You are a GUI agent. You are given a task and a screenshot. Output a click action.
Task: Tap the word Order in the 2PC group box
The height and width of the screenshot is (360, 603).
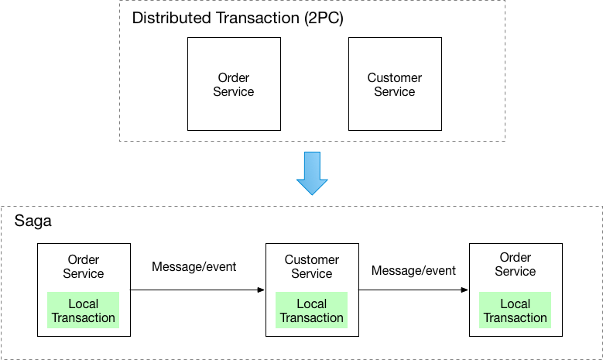[x=233, y=77]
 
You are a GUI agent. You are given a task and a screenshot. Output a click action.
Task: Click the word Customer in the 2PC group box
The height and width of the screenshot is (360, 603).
[x=394, y=77]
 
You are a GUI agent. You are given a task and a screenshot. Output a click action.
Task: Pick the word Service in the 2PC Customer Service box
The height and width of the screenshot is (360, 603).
[x=394, y=91]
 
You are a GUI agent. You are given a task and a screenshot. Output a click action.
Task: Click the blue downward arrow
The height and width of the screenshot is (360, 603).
[x=312, y=173]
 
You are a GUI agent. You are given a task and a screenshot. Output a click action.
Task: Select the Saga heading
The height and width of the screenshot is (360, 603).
[x=33, y=221]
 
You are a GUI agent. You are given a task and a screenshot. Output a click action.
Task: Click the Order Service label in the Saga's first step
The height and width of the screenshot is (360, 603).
[x=84, y=266]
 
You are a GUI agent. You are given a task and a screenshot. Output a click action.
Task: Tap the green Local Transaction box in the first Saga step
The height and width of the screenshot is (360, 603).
[x=84, y=310]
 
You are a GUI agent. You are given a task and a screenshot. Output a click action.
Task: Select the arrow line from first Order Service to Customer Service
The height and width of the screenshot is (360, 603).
[x=194, y=290]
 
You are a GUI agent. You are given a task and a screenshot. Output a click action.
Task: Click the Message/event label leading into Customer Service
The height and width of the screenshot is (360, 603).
[x=194, y=267]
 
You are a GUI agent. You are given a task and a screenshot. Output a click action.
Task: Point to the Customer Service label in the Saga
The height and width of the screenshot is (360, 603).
[x=312, y=266]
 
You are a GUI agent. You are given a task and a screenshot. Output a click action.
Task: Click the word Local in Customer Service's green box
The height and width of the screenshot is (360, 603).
[x=312, y=303]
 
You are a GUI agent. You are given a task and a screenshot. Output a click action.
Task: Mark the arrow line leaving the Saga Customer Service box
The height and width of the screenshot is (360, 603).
[x=410, y=290]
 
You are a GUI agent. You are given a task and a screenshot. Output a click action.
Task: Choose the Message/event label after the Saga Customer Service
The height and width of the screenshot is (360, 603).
[x=413, y=270]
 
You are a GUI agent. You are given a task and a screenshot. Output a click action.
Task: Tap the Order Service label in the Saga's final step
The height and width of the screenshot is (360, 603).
[x=516, y=264]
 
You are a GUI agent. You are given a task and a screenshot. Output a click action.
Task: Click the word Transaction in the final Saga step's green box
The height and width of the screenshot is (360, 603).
[x=516, y=317]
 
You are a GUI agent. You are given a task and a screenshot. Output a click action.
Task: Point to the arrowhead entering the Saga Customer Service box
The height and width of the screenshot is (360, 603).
[x=261, y=290]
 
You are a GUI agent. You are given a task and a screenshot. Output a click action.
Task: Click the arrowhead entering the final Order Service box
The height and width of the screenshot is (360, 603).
[x=464, y=290]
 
